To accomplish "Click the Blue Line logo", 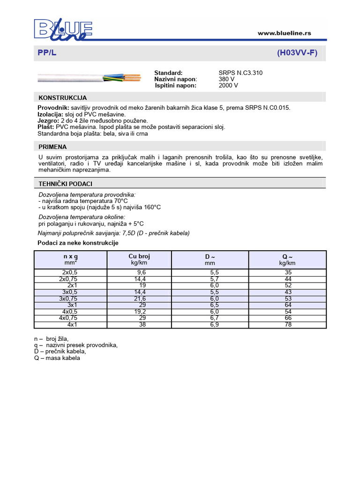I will click(x=63, y=29).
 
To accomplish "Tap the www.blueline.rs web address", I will click(x=285, y=33).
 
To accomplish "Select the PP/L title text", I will click(x=47, y=53).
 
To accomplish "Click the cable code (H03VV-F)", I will click(x=297, y=53).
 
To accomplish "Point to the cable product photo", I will click(x=89, y=76).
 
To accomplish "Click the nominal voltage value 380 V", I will click(x=226, y=79).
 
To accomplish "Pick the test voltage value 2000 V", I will click(x=228, y=85).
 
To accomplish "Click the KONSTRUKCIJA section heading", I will click(x=62, y=97).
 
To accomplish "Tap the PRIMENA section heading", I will click(x=52, y=146).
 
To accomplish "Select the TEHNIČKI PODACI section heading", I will click(x=65, y=183).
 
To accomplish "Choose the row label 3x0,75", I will click(x=68, y=299).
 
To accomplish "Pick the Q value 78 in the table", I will click(x=288, y=325).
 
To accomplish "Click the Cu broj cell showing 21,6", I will click(x=139, y=299).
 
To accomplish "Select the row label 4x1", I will click(x=72, y=325).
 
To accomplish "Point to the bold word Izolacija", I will click(x=50, y=114).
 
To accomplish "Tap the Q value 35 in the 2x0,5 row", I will click(x=288, y=272).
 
